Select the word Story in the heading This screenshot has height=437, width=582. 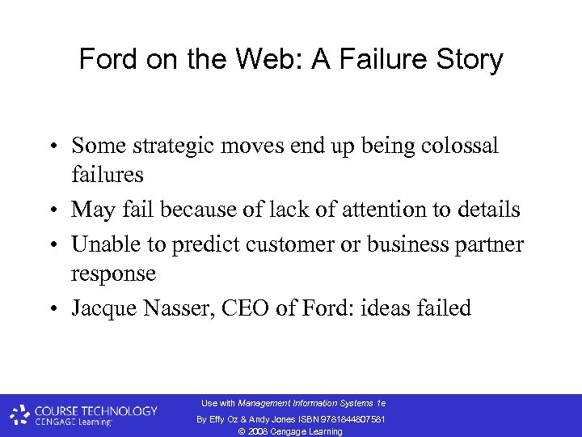[473, 59]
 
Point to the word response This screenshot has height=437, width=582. [113, 274]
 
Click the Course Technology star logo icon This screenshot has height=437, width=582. [20, 415]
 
